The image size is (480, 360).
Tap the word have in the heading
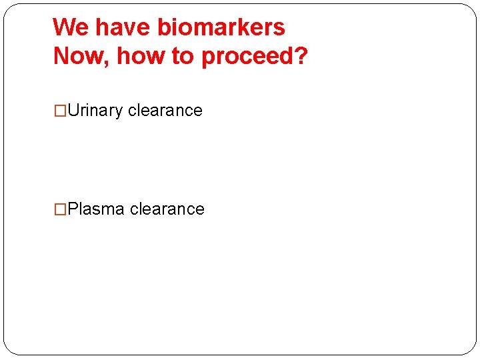point(123,27)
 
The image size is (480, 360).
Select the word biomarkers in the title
point(221,27)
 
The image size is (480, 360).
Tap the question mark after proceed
point(301,57)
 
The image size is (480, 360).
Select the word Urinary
point(95,111)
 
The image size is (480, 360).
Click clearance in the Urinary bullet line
point(165,111)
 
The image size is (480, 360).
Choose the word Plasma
point(96,209)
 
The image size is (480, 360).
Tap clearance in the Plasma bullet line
point(167,209)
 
